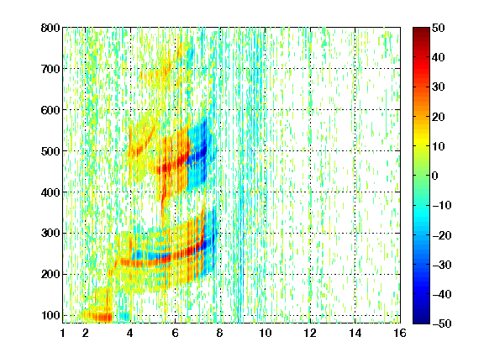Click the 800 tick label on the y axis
click(x=50, y=28)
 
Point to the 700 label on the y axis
click(x=50, y=69)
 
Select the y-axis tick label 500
click(x=50, y=151)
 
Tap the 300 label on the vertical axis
click(x=50, y=234)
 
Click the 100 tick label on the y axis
click(x=50, y=315)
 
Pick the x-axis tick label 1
click(x=63, y=333)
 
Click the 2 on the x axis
click(x=86, y=333)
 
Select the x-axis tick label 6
click(x=175, y=333)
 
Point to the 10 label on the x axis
click(x=266, y=333)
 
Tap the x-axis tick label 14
click(x=355, y=333)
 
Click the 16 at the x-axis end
click(x=400, y=333)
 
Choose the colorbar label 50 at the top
click(x=439, y=28)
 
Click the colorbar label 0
click(x=435, y=176)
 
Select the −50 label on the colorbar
click(x=442, y=324)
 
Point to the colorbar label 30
click(x=439, y=87)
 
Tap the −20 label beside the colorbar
click(x=442, y=235)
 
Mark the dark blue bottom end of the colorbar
click(x=421, y=321)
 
